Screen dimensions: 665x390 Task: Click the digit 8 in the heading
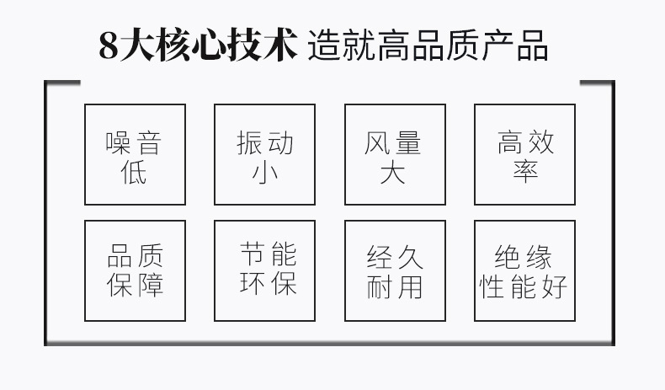pyautogui.click(x=109, y=47)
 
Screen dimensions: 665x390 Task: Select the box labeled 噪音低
pyautogui.click(x=135, y=155)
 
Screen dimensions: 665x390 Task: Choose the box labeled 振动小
pyautogui.click(x=264, y=155)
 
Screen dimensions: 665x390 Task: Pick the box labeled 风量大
pyautogui.click(x=395, y=155)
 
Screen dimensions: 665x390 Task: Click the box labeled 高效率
pyautogui.click(x=524, y=155)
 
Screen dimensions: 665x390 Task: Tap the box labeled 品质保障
pyautogui.click(x=135, y=270)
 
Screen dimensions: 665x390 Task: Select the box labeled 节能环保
pyautogui.click(x=264, y=270)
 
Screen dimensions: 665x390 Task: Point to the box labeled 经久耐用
pyautogui.click(x=395, y=270)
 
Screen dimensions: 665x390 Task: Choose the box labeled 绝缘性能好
pyautogui.click(x=524, y=270)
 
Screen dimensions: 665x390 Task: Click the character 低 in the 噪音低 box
pyautogui.click(x=135, y=173)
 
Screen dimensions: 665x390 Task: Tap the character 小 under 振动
pyautogui.click(x=265, y=173)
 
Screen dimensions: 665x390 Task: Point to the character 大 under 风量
pyautogui.click(x=394, y=173)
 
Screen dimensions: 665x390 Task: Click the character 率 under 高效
pyautogui.click(x=525, y=173)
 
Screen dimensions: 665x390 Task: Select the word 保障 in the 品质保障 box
pyautogui.click(x=135, y=286)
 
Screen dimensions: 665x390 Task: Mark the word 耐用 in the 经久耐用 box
pyautogui.click(x=395, y=286)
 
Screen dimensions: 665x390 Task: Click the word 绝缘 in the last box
pyautogui.click(x=524, y=256)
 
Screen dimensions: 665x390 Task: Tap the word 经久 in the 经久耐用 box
pyautogui.click(x=395, y=256)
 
